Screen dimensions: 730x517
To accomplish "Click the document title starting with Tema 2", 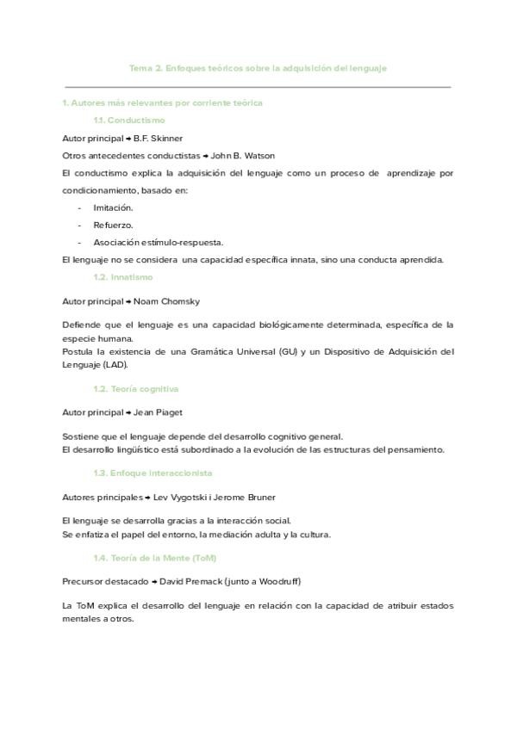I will [258, 68].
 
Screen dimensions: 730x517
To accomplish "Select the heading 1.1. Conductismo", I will [129, 121].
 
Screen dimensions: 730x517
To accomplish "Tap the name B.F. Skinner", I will [159, 138].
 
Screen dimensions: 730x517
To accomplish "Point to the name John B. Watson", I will [243, 156].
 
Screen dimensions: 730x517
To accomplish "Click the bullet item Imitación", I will [113, 207].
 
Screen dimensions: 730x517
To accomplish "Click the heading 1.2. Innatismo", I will [122, 277].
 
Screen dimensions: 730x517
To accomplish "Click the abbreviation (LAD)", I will [115, 364].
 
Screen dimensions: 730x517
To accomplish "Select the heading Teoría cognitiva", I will [135, 389].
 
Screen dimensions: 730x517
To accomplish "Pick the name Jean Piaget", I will [159, 412].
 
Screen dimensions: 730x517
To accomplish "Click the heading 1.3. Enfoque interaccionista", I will [153, 473].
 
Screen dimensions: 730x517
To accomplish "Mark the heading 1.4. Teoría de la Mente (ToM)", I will [154, 558].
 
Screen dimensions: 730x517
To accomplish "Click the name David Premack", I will [192, 582].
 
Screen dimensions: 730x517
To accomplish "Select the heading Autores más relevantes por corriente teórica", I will [162, 103].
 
